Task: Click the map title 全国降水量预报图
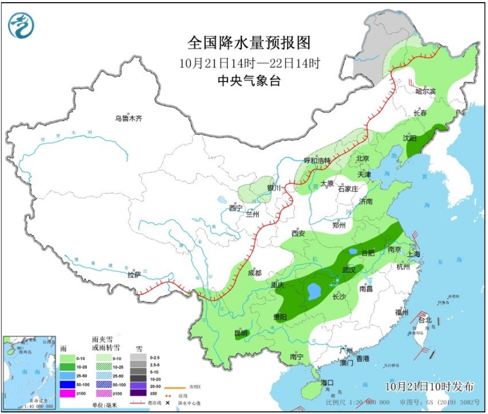249,42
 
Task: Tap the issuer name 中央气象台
249,81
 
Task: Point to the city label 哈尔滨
425,92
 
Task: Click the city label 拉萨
134,275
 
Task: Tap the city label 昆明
241,333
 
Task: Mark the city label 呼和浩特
317,160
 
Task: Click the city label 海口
327,382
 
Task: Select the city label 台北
425,320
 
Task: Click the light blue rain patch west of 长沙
314,290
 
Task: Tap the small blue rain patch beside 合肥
353,251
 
